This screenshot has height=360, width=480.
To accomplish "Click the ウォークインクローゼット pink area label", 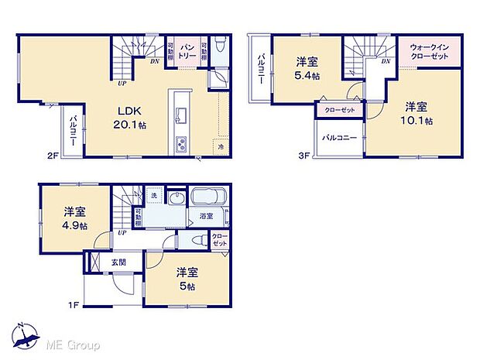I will click(x=429, y=51).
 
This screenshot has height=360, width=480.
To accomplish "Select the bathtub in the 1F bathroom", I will click(x=207, y=197).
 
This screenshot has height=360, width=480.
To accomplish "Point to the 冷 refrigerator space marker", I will click(x=221, y=147).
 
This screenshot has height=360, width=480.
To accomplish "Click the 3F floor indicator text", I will click(x=304, y=155).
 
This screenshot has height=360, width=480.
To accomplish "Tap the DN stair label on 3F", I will click(x=385, y=61).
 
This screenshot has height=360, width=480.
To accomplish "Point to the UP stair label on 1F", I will click(x=122, y=231).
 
